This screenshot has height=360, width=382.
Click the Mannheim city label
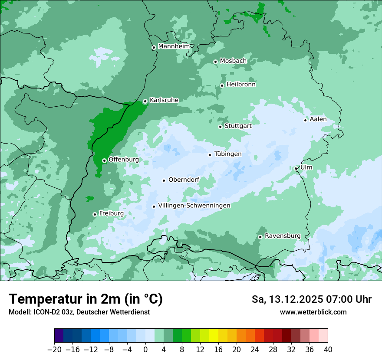click(174, 46)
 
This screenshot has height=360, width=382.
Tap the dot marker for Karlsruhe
click(145, 101)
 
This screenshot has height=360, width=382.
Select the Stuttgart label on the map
click(238, 126)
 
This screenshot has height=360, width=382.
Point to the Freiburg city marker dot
click(95, 214)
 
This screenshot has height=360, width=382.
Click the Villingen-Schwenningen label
click(194, 206)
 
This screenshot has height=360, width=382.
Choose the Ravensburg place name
click(283, 236)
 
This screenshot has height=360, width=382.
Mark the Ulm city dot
click(296, 168)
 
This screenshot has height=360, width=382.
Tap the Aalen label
click(318, 119)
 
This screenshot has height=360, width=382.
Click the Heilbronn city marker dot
click(222, 85)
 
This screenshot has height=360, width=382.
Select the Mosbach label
click(233, 61)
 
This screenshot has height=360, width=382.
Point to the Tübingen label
click(228, 154)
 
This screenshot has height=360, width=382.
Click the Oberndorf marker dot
click(164, 180)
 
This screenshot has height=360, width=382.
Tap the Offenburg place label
click(124, 159)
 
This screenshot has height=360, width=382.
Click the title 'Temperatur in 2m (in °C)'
click(86, 299)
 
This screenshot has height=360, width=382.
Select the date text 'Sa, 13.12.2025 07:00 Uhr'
click(312, 299)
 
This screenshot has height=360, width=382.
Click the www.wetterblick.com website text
click(313, 312)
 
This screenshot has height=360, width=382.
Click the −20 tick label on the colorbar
click(54, 350)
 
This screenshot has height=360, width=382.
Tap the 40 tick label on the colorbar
click(328, 350)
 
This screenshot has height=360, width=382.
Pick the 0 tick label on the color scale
click(145, 350)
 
